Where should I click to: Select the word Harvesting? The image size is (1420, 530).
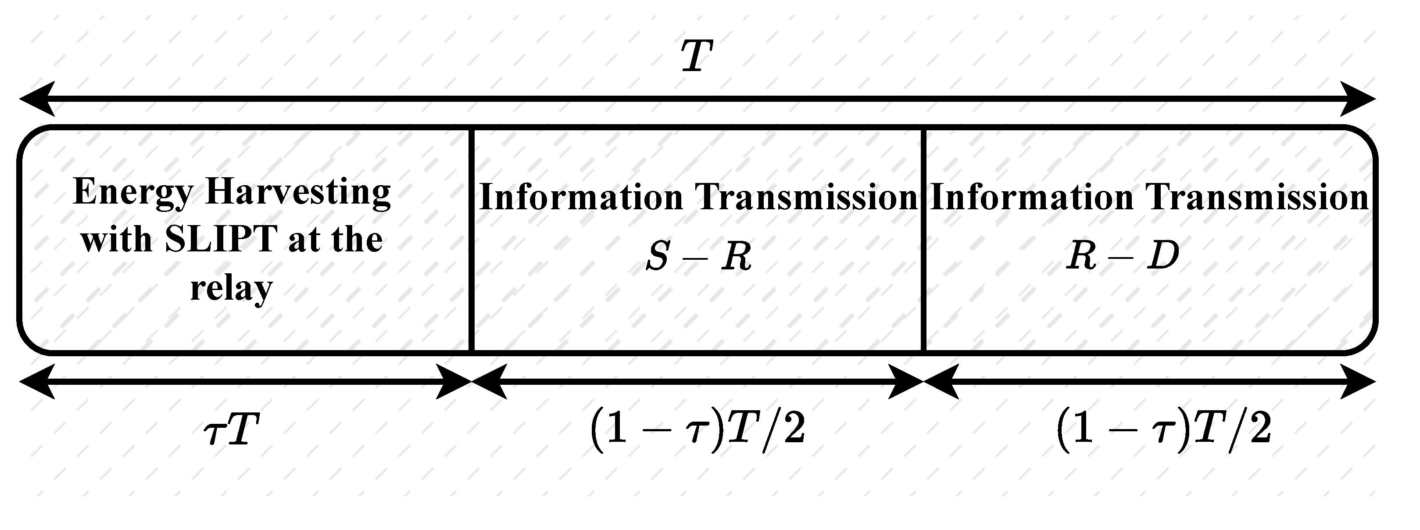(x=298, y=193)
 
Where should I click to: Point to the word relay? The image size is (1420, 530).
(x=232, y=288)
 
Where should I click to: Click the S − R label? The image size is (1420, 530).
(x=698, y=257)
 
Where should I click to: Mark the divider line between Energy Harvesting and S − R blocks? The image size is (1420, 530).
(x=472, y=240)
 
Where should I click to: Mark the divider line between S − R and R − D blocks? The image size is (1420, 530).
(x=923, y=240)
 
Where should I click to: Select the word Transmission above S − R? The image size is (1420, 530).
(x=805, y=197)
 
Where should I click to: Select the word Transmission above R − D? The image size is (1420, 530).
(x=1257, y=197)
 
